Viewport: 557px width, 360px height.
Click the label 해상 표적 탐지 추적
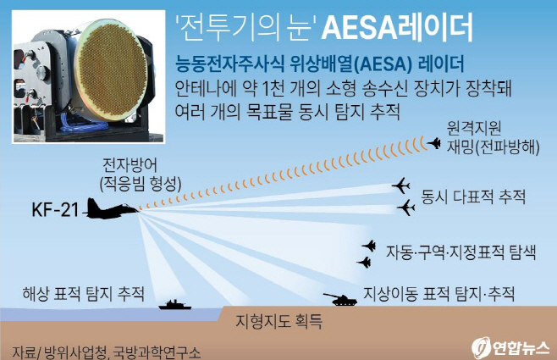tap(83, 294)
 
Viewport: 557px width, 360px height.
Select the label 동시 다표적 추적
tap(473, 197)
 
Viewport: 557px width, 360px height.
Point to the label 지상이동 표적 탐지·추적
tap(439, 293)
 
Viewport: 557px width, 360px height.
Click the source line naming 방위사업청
tap(107, 350)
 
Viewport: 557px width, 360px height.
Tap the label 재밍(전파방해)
tap(490, 145)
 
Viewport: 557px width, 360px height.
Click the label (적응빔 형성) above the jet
tap(140, 180)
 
